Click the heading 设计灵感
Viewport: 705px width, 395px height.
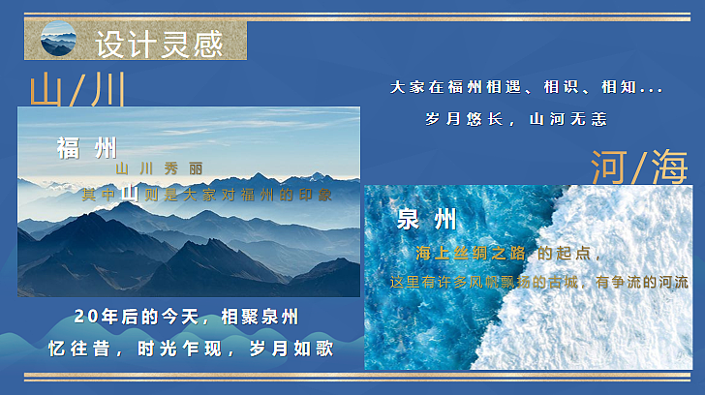tap(159, 44)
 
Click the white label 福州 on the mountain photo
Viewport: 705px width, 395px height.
tap(87, 149)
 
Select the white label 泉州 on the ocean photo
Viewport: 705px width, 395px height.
tap(427, 219)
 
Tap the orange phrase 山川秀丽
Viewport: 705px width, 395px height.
tap(159, 168)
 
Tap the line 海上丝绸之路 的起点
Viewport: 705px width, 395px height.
tap(507, 254)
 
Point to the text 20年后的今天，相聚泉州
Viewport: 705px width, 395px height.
tap(186, 318)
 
